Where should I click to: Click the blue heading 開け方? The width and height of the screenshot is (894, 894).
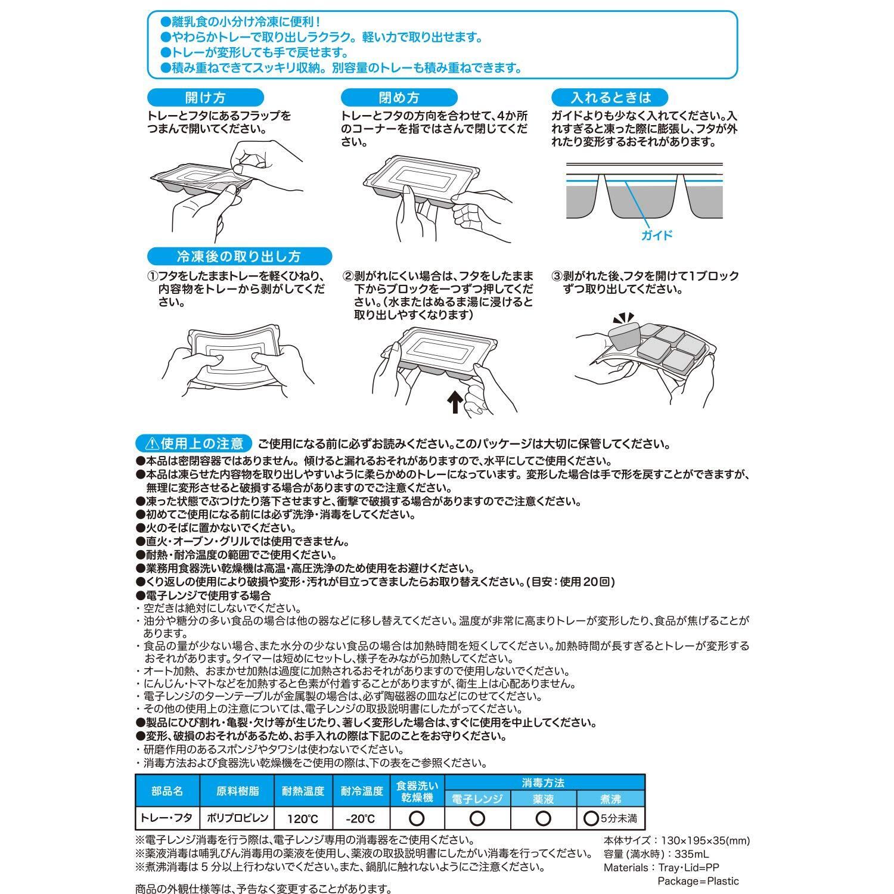point(205,98)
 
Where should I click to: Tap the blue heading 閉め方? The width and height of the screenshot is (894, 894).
point(399,98)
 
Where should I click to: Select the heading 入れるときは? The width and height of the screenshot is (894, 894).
point(611,97)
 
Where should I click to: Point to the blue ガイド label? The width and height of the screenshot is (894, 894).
point(656,235)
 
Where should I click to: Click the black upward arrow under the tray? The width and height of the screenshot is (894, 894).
point(454,401)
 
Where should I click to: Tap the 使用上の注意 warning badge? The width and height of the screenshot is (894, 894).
point(194,443)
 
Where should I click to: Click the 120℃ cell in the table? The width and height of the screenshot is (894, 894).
point(302,818)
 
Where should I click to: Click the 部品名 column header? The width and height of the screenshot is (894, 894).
point(167,791)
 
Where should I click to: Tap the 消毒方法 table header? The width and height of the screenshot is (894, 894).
point(543,783)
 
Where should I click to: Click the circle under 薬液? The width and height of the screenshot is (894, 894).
point(543,818)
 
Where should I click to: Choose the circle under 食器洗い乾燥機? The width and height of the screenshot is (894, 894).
point(417,818)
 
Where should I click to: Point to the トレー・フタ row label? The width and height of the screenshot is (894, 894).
point(166,818)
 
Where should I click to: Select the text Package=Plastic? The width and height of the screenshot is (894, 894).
point(698,881)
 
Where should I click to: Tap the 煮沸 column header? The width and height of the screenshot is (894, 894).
point(611,799)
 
